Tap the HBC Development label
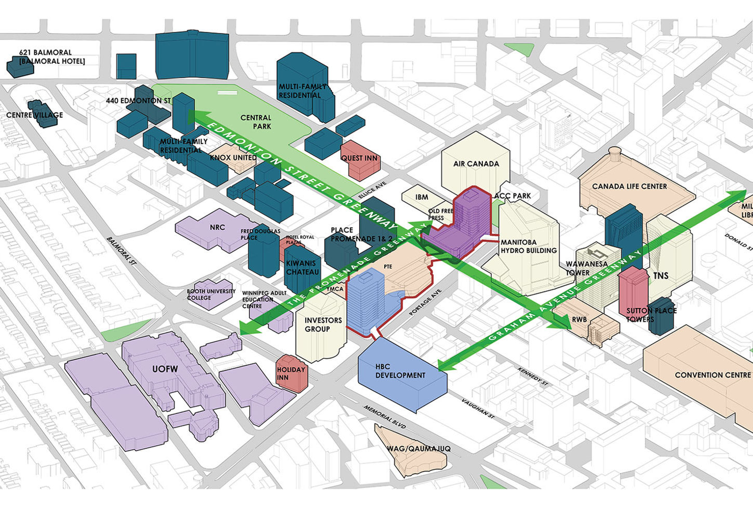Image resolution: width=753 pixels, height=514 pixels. (400, 371)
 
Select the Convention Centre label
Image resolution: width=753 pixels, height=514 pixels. (713, 375)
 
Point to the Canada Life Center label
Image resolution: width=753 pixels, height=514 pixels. (629, 186)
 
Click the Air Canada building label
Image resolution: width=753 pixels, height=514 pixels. (476, 164)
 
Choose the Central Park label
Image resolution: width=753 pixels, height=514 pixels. (256, 122)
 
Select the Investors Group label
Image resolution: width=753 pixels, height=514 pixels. (323, 325)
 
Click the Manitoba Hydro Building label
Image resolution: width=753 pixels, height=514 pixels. (528, 246)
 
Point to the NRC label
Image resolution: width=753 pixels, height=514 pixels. (218, 227)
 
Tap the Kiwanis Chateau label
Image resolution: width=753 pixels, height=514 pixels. (302, 268)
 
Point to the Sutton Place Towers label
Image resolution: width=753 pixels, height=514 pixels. (651, 315)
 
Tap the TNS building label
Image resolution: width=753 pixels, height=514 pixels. (661, 276)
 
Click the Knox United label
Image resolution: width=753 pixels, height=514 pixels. (233, 158)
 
